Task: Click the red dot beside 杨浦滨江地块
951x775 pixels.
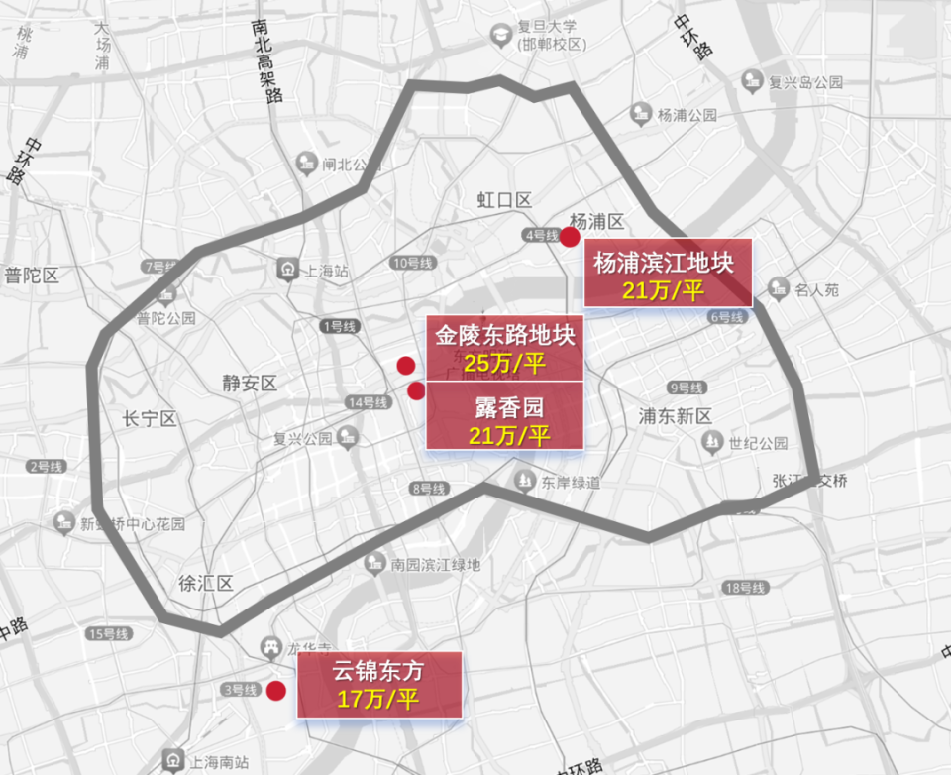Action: pos(570,237)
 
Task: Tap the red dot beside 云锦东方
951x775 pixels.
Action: pos(276,691)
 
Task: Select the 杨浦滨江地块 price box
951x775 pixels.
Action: pos(668,275)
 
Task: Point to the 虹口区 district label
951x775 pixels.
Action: pos(504,201)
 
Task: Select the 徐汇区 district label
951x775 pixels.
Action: pos(205,583)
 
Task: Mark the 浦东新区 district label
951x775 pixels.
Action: pos(676,415)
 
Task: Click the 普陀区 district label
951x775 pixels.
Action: pos(32,276)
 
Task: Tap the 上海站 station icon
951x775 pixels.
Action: pos(288,269)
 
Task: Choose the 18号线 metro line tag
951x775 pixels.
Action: pos(745,589)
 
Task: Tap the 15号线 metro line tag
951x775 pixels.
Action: pos(109,633)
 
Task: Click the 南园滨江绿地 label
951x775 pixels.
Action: pos(435,564)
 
